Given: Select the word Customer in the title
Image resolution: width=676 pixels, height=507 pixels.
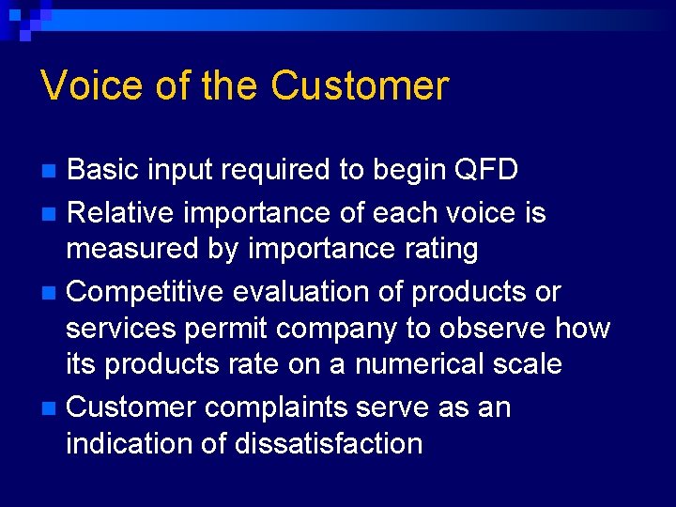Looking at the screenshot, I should (x=360, y=85).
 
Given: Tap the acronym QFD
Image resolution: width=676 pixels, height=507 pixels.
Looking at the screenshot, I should (x=486, y=170).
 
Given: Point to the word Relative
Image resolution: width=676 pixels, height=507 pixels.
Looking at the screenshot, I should (x=122, y=213).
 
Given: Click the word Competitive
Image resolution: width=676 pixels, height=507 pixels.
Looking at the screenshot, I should (x=146, y=292).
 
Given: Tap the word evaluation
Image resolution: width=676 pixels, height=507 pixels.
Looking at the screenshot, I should (x=299, y=292).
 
